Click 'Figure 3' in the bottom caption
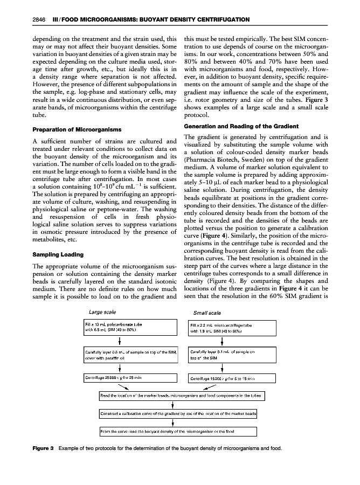tap(38, 449)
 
